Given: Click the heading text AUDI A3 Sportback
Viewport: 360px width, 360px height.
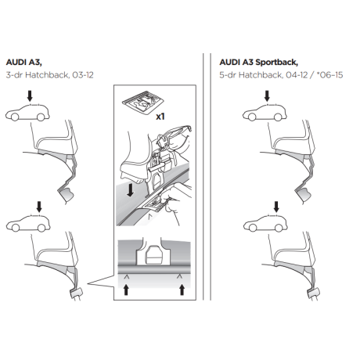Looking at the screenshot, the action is pyautogui.click(x=258, y=63).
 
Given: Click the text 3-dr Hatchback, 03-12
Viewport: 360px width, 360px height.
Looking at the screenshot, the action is pyautogui.click(x=49, y=75).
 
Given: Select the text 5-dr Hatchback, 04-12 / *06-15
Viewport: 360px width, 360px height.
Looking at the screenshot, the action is pyautogui.click(x=281, y=75).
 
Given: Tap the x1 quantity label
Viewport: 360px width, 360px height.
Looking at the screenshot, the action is pyautogui.click(x=160, y=117).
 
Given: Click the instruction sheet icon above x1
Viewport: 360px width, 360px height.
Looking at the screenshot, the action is pyautogui.click(x=143, y=102).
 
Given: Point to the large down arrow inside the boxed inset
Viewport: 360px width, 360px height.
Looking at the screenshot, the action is pyautogui.click(x=130, y=190).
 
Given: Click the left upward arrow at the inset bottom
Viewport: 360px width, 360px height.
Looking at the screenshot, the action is pyautogui.click(x=126, y=290).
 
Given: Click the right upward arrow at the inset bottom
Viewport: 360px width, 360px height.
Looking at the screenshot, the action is pyautogui.click(x=182, y=290).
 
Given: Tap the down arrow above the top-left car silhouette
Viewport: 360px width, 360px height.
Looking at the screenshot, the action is pyautogui.click(x=30, y=95).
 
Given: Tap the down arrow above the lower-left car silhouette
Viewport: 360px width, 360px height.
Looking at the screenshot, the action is pyautogui.click(x=39, y=207).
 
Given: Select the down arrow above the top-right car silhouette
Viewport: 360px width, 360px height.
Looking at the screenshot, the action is pyautogui.click(x=267, y=95).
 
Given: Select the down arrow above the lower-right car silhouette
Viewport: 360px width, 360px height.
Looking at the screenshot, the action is pyautogui.click(x=276, y=207).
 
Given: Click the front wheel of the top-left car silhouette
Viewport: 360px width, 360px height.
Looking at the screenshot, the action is pyautogui.click(x=15, y=117).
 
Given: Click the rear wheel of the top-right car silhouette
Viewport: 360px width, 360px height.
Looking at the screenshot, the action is pyautogui.click(x=278, y=117).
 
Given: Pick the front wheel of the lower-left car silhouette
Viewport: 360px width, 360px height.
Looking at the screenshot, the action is pyautogui.click(x=16, y=228).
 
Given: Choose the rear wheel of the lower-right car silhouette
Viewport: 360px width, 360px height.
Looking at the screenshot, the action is pyautogui.click(x=279, y=228).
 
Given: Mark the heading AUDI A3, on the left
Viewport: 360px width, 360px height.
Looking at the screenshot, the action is pyautogui.click(x=24, y=63).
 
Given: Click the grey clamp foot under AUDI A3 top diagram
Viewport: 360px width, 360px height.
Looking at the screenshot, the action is pyautogui.click(x=66, y=195).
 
